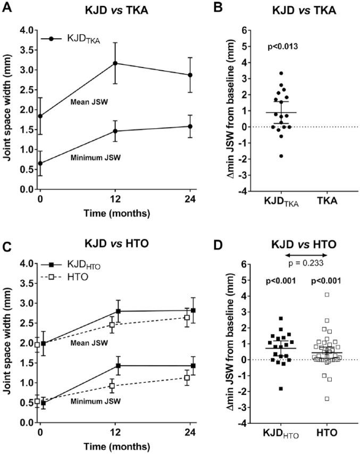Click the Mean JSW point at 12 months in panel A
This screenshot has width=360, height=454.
(115, 63)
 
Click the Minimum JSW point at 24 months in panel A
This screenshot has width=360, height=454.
(190, 127)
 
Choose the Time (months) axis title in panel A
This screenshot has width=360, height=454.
(115, 213)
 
